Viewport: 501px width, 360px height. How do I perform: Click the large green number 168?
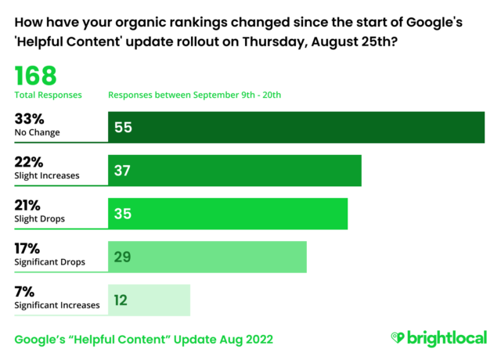(x=36, y=76)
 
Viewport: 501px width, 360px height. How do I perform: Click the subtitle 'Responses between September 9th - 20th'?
(x=194, y=95)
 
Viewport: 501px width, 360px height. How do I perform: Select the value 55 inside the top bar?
(x=123, y=127)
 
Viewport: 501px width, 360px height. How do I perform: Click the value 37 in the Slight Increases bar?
(x=123, y=171)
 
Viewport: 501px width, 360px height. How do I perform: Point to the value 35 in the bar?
(x=123, y=214)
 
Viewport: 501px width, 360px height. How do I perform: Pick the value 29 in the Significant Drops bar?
(x=123, y=257)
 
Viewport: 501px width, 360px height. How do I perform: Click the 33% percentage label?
(x=30, y=119)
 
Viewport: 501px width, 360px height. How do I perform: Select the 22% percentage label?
(x=30, y=162)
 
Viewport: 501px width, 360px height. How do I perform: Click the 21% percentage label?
(x=29, y=205)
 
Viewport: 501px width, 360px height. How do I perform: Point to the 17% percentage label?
(x=29, y=248)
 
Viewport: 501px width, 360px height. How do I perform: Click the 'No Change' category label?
(x=38, y=133)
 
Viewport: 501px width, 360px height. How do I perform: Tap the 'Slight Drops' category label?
(x=41, y=219)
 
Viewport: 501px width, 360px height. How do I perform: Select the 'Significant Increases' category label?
(x=57, y=305)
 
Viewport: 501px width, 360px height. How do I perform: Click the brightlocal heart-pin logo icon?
(x=398, y=339)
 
